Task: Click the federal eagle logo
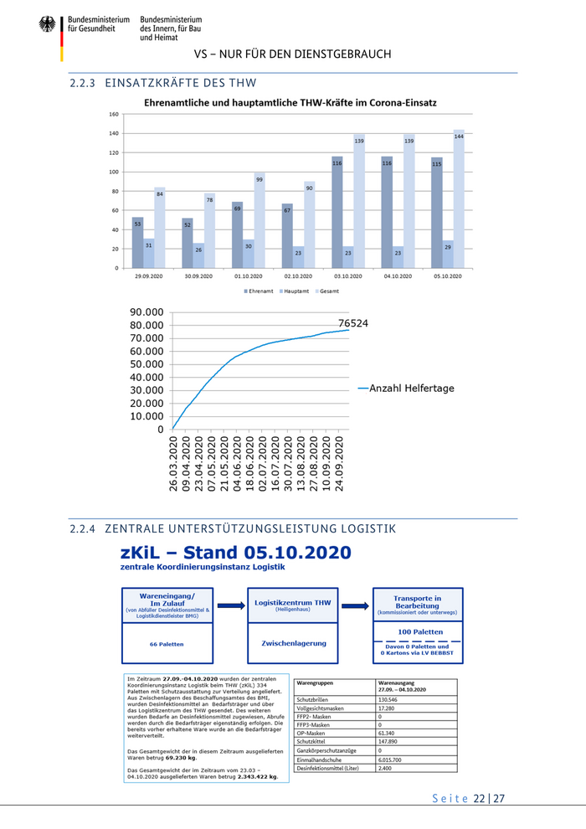click(47, 24)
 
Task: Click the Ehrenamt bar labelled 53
click(137, 243)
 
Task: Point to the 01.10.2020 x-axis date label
click(248, 275)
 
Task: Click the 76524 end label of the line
click(353, 322)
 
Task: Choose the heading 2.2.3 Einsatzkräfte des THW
click(163, 83)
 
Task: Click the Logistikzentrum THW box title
click(293, 602)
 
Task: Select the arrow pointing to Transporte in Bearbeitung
click(355, 605)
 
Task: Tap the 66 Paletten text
click(167, 644)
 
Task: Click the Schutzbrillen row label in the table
click(314, 699)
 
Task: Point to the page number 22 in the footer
click(480, 799)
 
